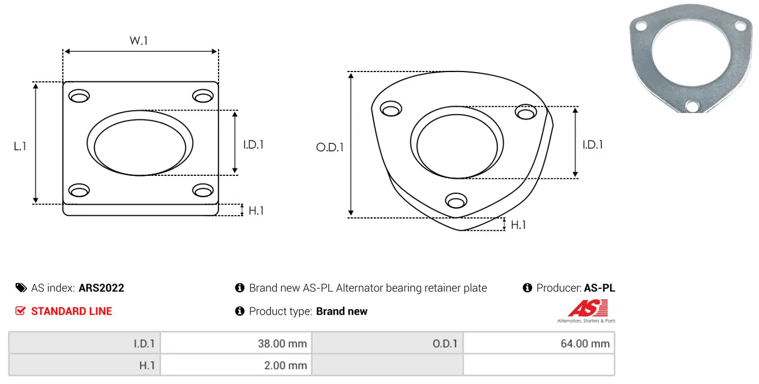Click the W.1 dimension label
[138, 40]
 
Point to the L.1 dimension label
[20, 146]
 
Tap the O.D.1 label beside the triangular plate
[330, 147]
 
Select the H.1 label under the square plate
[256, 210]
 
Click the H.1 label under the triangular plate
[518, 225]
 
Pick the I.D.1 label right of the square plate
[253, 145]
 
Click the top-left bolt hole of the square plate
[79, 96]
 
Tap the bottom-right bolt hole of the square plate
[203, 190]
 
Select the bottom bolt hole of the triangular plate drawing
[456, 201]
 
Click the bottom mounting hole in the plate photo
[692, 106]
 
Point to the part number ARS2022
[102, 288]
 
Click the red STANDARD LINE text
[72, 311]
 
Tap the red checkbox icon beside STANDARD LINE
[20, 311]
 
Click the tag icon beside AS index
[21, 288]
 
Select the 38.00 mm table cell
[236, 344]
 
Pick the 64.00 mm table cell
[539, 344]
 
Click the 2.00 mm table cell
[236, 365]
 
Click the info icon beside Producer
[527, 288]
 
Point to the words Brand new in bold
[341, 311]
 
